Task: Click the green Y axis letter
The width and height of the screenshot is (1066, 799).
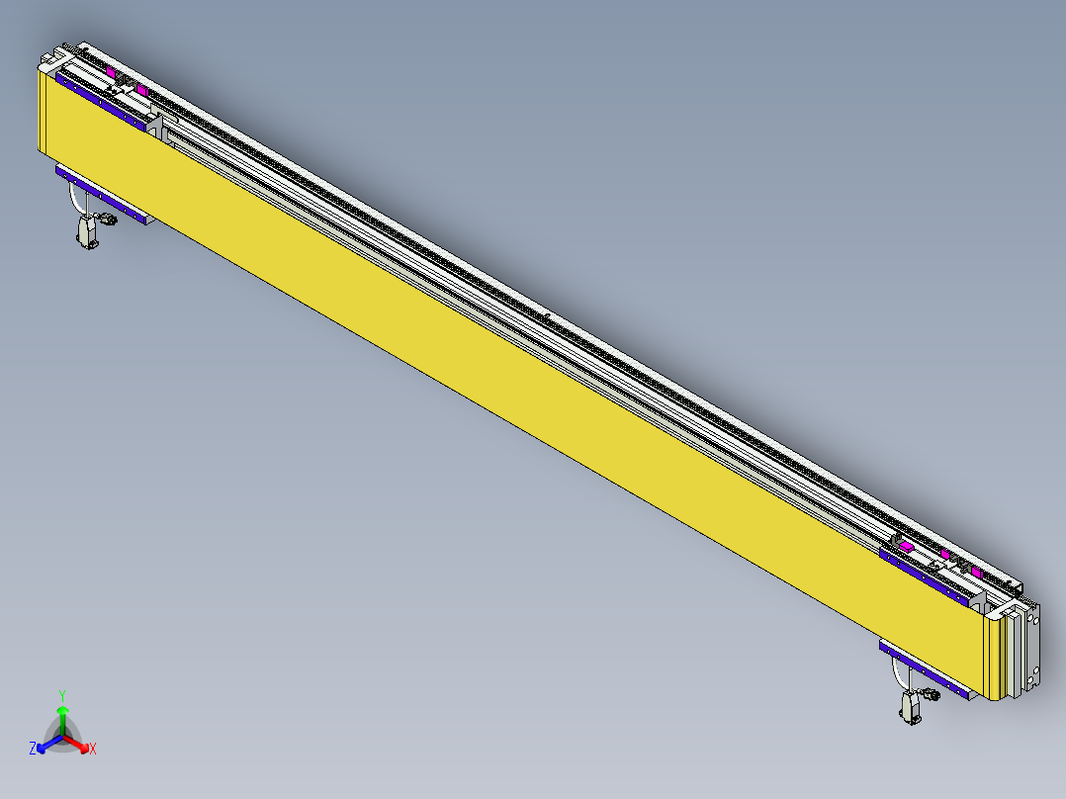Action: (x=62, y=695)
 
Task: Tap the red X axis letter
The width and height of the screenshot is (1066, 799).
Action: (x=93, y=749)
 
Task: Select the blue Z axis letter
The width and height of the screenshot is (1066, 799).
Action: (x=33, y=748)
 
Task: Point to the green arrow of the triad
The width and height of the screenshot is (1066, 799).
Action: (x=62, y=718)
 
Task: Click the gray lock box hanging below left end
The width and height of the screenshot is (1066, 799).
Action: (x=87, y=233)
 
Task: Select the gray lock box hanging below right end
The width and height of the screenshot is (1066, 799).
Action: (x=910, y=707)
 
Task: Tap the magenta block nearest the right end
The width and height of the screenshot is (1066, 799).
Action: (x=977, y=573)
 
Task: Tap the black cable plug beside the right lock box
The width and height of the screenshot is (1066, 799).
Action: (x=931, y=694)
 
